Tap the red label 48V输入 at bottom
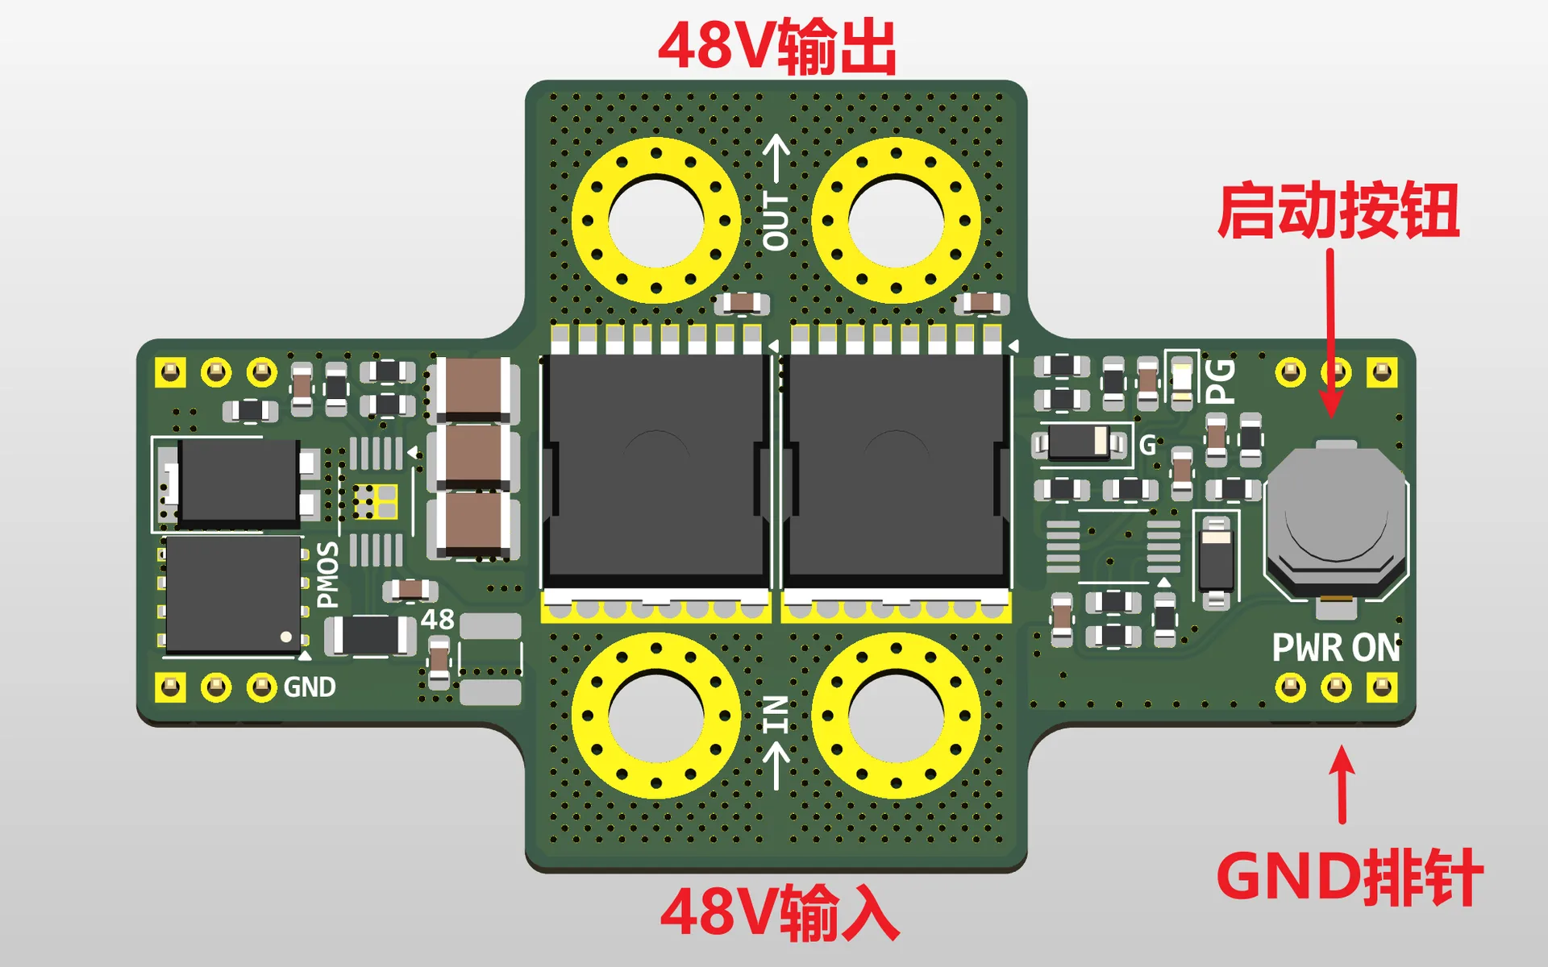tap(780, 912)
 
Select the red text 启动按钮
tap(1338, 210)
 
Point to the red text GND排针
tap(1349, 877)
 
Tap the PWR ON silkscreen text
tap(1336, 648)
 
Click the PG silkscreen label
tap(1220, 381)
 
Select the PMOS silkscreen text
tap(328, 575)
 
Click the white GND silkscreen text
tap(310, 687)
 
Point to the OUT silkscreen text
tap(776, 221)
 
